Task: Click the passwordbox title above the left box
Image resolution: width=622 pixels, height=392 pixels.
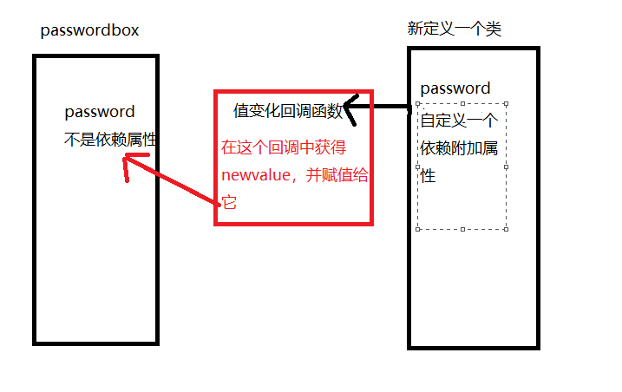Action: (x=89, y=30)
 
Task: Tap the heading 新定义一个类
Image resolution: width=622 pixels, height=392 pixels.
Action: (x=454, y=29)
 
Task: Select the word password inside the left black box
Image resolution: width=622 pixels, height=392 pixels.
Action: (x=100, y=112)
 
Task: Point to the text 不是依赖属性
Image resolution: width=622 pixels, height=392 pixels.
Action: (x=110, y=139)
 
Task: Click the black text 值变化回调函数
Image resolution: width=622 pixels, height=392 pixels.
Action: (x=288, y=111)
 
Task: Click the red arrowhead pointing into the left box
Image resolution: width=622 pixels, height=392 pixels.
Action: (x=129, y=161)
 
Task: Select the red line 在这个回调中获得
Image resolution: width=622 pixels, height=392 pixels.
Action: (x=284, y=147)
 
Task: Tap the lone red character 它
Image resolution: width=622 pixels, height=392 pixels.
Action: (x=230, y=203)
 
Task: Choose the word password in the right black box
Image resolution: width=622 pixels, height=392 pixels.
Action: (x=455, y=88)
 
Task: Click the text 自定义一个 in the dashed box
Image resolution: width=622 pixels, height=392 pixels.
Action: (x=459, y=121)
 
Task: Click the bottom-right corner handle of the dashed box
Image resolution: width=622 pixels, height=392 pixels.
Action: (x=507, y=229)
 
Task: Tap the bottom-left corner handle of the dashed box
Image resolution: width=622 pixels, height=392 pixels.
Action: (x=418, y=229)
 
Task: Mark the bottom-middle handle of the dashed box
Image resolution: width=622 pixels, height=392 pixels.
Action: (x=462, y=229)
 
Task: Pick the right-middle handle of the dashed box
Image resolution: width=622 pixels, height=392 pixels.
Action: (x=507, y=167)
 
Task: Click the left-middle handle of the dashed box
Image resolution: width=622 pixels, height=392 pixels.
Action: (x=418, y=167)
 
